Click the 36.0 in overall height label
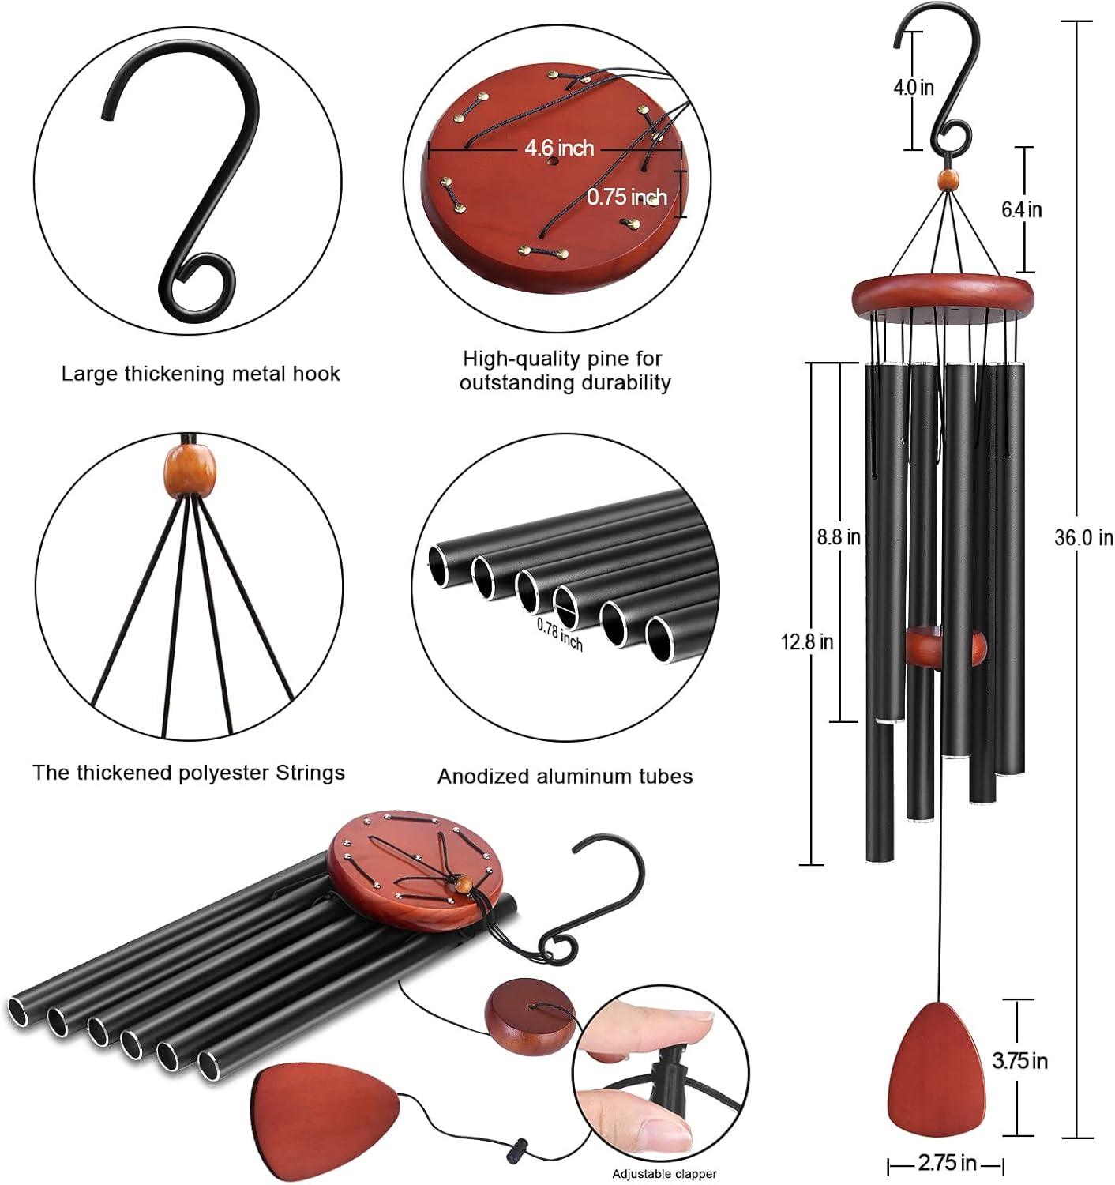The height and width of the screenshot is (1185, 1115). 1083,538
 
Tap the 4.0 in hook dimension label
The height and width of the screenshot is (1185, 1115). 913,87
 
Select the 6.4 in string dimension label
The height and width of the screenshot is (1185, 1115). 1021,209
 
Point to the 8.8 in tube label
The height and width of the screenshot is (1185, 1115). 838,537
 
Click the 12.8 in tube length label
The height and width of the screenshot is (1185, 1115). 806,641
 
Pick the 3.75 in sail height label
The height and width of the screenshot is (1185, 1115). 1019,1060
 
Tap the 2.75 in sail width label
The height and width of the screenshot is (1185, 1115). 946,1163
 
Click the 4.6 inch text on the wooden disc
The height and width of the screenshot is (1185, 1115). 559,148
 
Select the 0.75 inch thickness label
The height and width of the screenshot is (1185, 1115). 626,197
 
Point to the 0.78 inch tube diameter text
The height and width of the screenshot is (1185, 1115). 560,634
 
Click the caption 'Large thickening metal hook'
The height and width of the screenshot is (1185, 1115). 201,374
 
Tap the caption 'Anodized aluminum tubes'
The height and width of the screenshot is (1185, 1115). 565,777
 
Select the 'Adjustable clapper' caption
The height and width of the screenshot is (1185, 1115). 664,1174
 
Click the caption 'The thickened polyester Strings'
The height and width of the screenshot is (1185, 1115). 189,773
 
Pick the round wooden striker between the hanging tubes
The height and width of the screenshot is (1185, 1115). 946,646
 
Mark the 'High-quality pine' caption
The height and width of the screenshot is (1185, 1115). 565,371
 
